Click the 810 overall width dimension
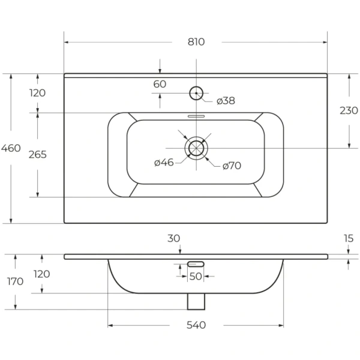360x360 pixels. [x=196, y=42]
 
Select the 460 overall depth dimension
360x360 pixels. [x=11, y=148]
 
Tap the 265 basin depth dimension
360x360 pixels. [x=37, y=155]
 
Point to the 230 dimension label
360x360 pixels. [x=349, y=110]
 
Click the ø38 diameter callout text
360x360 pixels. [x=226, y=101]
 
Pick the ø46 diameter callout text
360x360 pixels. [x=164, y=163]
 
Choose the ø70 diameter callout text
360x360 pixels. [x=232, y=166]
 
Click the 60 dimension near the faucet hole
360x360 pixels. [x=160, y=84]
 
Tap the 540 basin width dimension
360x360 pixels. [x=196, y=325]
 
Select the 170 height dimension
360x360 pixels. [x=15, y=281]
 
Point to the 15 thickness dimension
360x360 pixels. [x=349, y=239]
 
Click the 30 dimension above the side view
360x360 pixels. [x=173, y=238]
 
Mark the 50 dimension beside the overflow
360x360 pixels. [x=196, y=277]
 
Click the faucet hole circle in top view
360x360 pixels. [x=196, y=93]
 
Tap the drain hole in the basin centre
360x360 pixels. [x=196, y=148]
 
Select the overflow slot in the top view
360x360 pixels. [x=196, y=116]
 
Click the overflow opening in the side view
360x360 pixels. [x=196, y=264]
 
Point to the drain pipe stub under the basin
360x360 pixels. [x=196, y=301]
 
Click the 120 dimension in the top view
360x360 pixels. [x=37, y=93]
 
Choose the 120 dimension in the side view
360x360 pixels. [x=42, y=274]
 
